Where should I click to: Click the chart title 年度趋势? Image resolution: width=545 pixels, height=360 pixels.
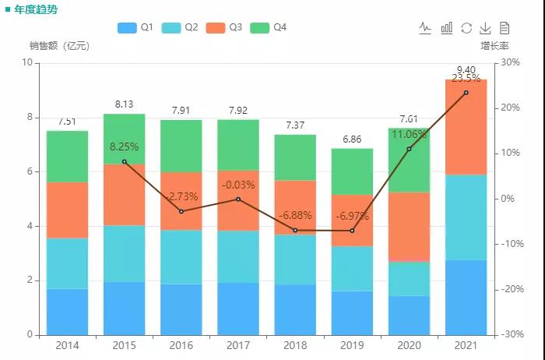tap(35, 9)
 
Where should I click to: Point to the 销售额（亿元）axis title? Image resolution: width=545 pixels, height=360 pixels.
tap(59, 46)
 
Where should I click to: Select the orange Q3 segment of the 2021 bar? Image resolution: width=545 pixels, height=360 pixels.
tap(466, 127)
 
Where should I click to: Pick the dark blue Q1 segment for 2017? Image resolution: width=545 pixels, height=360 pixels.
tap(237, 309)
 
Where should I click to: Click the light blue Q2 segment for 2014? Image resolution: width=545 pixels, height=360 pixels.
tap(67, 263)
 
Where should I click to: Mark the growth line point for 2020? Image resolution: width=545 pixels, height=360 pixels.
tap(409, 149)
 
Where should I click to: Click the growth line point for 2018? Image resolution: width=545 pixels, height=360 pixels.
tap(295, 231)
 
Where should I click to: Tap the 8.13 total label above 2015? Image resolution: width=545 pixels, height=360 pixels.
tap(124, 104)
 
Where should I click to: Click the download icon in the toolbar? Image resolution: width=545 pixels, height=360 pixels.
tap(484, 28)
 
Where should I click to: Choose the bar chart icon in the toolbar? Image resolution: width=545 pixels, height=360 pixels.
tap(446, 28)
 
